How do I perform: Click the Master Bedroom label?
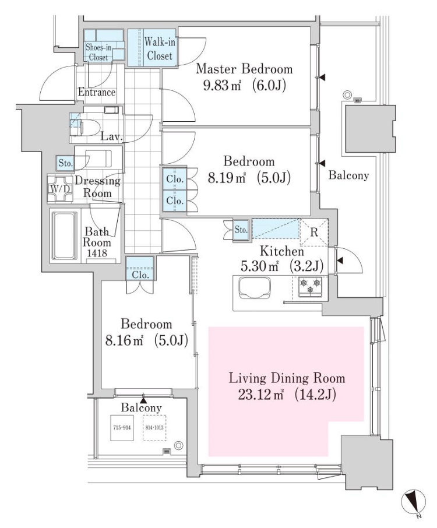pyautogui.click(x=244, y=69)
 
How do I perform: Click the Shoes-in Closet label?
pyautogui.click(x=102, y=52)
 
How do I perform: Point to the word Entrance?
pyautogui.click(x=97, y=92)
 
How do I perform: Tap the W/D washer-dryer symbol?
pyautogui.click(x=59, y=188)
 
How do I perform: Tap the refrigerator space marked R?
pyautogui.click(x=313, y=231)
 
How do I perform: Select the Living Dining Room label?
pyautogui.click(x=287, y=377)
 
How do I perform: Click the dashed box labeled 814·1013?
pyautogui.click(x=155, y=428)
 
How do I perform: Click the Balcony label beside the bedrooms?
pyautogui.click(x=348, y=175)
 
